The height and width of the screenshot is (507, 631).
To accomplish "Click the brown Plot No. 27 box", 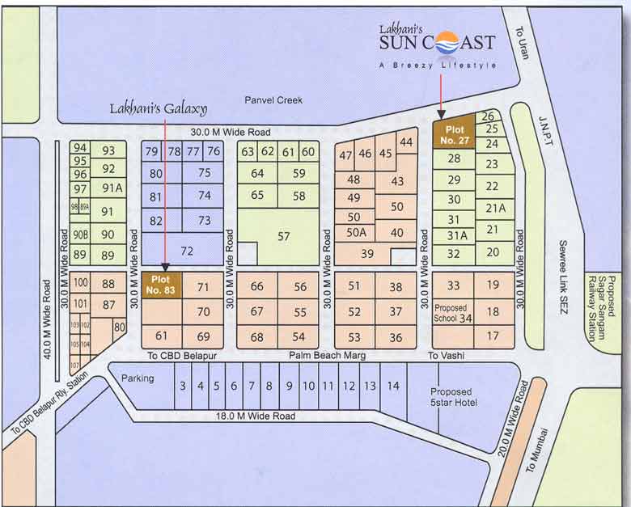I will [454, 134].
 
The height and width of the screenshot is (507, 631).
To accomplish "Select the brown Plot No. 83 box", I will [162, 284].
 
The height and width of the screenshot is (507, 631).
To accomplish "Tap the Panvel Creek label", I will [273, 100].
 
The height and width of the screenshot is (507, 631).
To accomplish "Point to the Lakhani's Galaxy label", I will [159, 108].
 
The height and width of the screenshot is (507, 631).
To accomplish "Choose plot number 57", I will [283, 236].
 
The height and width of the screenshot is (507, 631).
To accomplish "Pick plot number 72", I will [187, 251].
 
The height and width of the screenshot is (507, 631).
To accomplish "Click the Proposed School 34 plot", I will [454, 314].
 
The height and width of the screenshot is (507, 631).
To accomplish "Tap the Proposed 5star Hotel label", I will [454, 397].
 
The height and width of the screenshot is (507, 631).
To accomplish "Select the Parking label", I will [138, 378].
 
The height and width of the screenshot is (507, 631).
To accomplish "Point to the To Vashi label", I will [446, 356].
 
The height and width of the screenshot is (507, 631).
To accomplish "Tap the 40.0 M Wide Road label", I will [48, 319].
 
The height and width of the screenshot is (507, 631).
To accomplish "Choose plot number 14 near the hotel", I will [392, 386].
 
